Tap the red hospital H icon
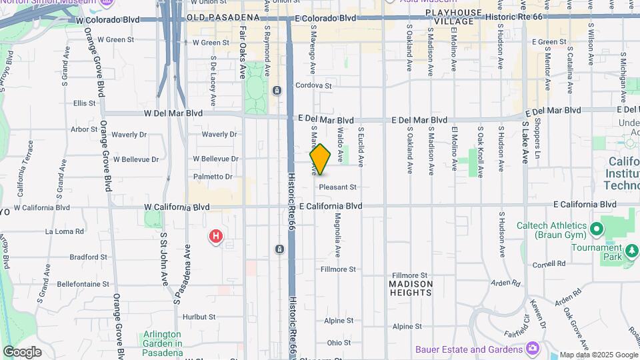(216, 236)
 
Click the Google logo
(22, 352)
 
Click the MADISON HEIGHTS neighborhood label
(411, 288)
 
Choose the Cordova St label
(313, 85)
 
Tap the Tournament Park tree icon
(631, 252)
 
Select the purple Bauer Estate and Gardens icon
(532, 349)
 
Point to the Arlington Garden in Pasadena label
(162, 339)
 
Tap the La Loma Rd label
(65, 231)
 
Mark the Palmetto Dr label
(213, 177)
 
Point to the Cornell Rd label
(549, 264)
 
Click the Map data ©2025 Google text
(597, 355)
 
